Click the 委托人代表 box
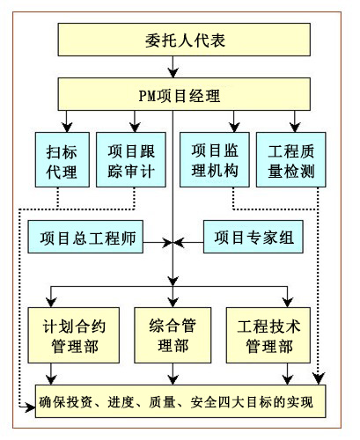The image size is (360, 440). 184,40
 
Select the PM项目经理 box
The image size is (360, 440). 184,94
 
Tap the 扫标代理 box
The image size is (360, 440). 62,159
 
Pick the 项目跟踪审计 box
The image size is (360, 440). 131,159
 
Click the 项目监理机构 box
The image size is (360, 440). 215,159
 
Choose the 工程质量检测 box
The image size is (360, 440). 290,159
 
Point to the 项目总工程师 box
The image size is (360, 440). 85,237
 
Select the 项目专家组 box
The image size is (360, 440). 253,237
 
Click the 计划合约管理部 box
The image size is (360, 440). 74,335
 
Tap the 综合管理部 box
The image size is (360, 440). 173,335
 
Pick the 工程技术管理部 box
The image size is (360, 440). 268,335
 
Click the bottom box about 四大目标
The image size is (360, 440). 180,401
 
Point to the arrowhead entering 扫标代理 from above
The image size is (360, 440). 67,128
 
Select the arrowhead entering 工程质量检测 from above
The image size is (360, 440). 295,128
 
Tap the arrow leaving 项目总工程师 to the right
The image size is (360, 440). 158,243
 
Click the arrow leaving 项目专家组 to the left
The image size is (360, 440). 188,243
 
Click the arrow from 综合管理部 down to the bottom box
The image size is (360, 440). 173,374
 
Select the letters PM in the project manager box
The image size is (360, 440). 148,96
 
